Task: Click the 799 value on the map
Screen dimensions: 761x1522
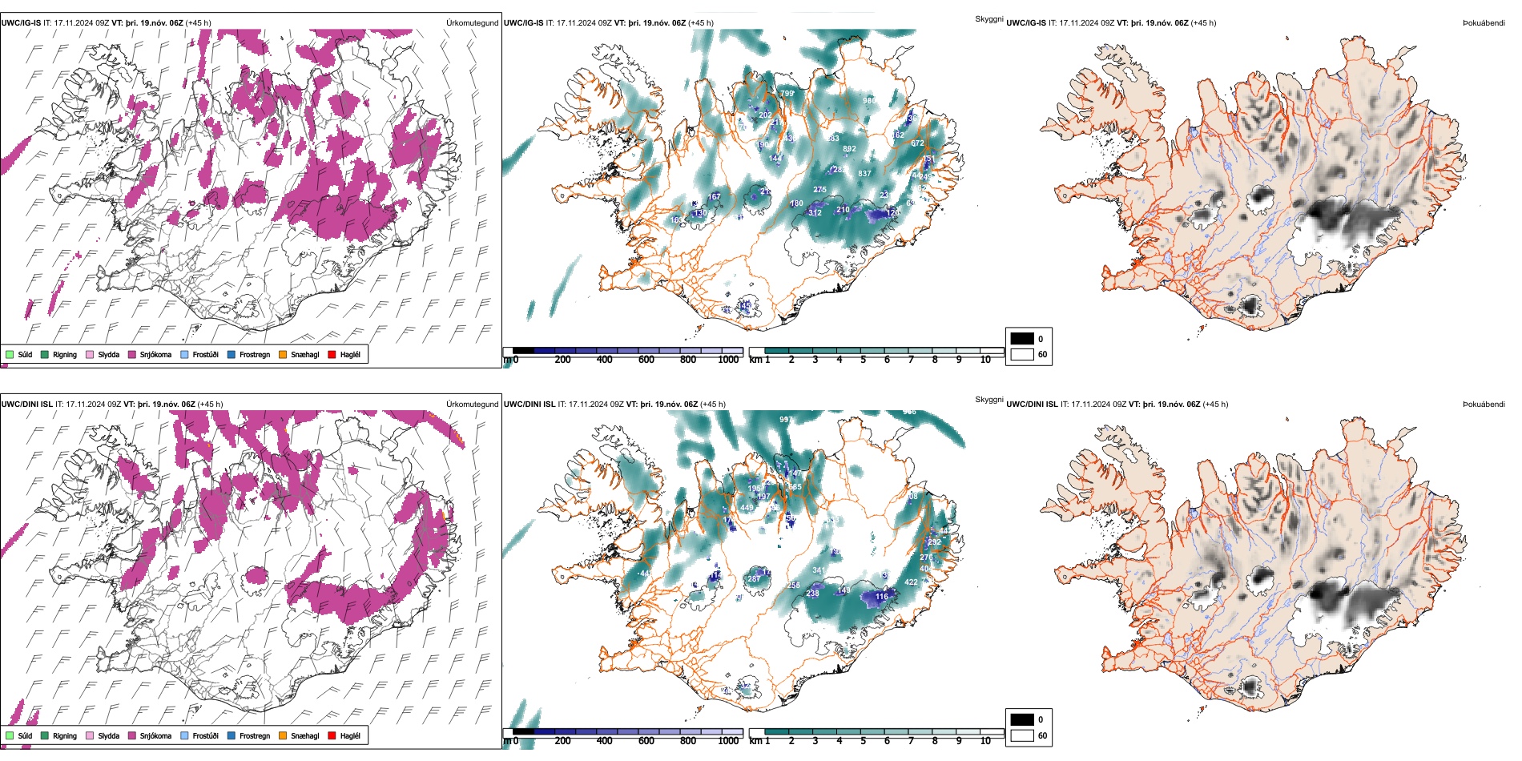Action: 787,94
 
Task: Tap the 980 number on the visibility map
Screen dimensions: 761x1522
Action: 869,101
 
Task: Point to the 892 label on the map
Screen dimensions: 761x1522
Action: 849,149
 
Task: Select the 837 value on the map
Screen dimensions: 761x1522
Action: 864,174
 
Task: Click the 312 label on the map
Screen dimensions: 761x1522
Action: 815,213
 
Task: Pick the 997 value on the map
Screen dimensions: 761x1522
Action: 786,420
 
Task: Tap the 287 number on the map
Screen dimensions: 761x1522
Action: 754,579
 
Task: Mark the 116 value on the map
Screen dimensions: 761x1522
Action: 882,597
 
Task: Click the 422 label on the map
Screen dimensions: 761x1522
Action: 911,582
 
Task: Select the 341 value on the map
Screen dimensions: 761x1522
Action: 819,570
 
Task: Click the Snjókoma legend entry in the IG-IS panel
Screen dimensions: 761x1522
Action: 150,355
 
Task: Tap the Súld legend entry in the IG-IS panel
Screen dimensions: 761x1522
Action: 20,355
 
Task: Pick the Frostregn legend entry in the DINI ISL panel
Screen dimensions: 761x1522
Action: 249,736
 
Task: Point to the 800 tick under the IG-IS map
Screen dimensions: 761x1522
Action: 688,360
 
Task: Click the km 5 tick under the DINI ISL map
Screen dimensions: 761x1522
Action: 864,741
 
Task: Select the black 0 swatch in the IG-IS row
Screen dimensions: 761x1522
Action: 1022,339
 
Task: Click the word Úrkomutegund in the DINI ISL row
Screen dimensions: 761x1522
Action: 472,405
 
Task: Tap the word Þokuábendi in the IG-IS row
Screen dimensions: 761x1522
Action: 1484,23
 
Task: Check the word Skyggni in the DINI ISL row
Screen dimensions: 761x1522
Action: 989,400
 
